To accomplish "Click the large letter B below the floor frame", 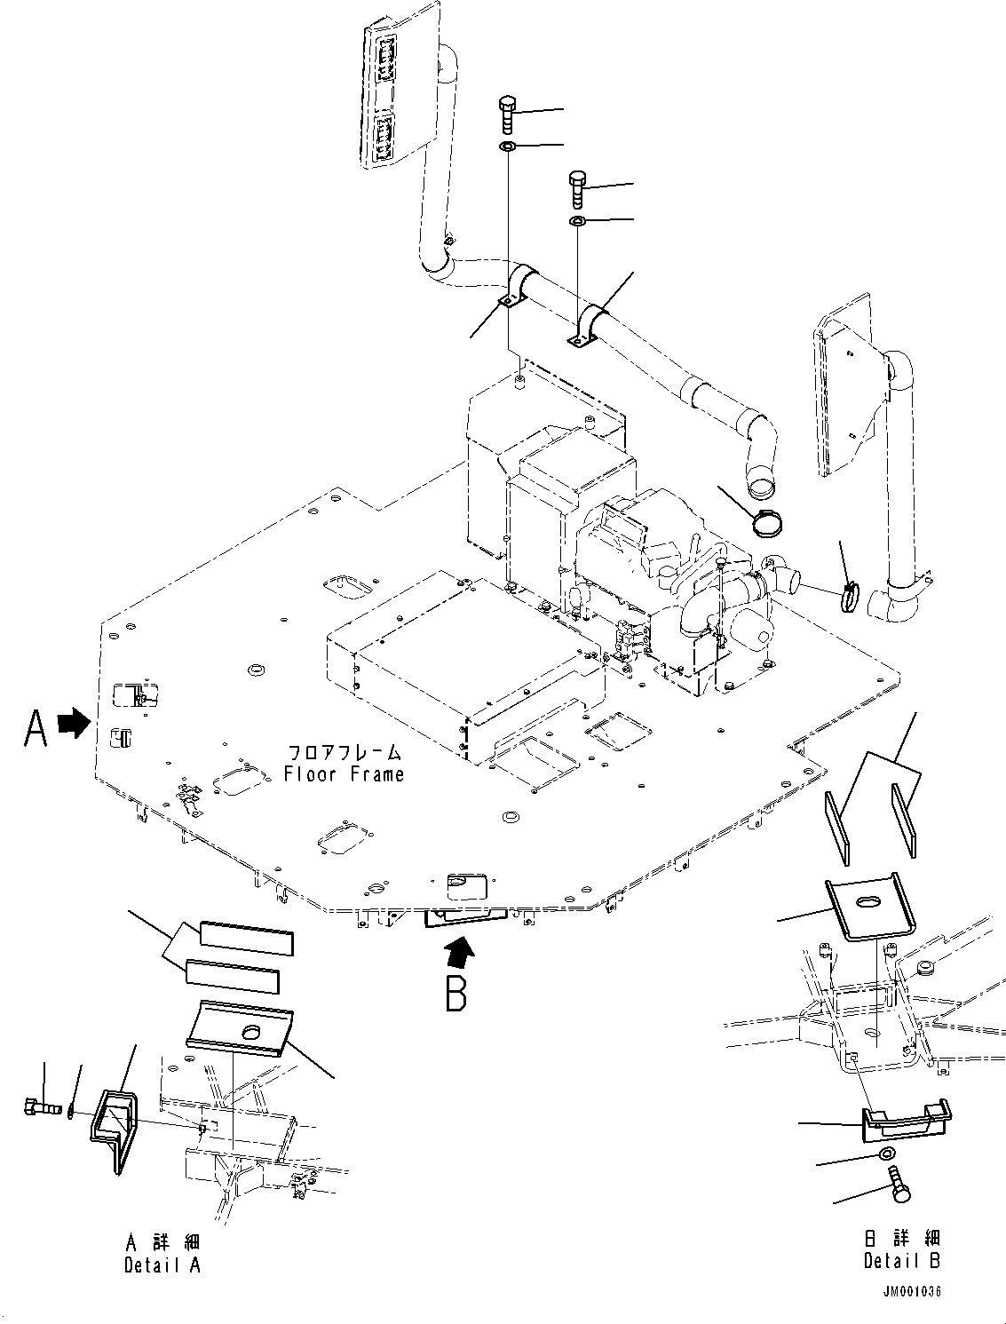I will point(455,993).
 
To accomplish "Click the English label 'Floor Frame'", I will point(344,773).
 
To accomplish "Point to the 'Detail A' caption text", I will point(162,1265).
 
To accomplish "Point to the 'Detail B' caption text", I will point(902,1260).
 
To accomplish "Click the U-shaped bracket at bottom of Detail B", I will point(906,1121).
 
